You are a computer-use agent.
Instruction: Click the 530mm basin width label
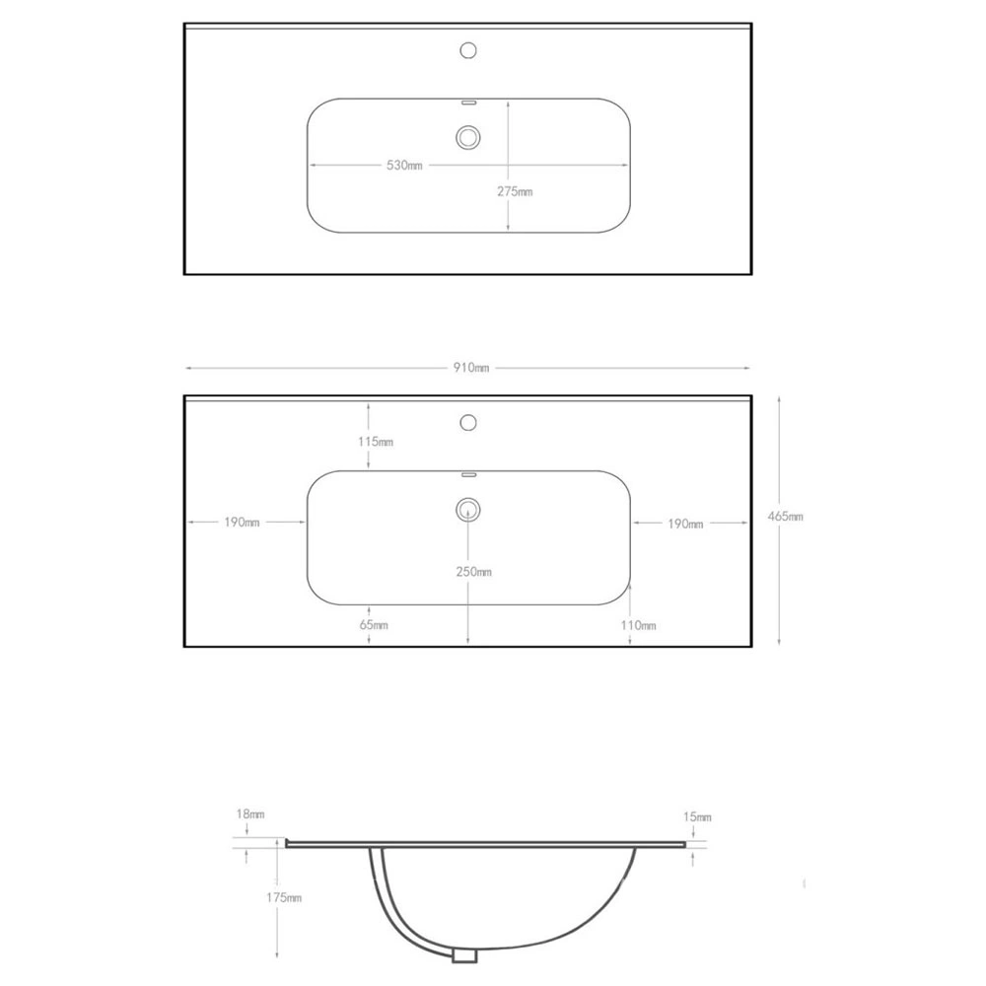[404, 166]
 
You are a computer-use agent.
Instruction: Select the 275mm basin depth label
[515, 191]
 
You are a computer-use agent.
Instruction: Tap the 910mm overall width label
[471, 367]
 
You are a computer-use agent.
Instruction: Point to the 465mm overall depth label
[786, 517]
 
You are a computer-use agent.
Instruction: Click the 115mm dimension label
[376, 442]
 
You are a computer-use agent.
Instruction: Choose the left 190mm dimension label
[243, 522]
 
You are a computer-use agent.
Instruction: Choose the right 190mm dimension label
[685, 524]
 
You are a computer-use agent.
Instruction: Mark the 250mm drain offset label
[474, 572]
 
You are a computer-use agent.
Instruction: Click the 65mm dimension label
[374, 625]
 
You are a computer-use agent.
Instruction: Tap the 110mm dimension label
[638, 625]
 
